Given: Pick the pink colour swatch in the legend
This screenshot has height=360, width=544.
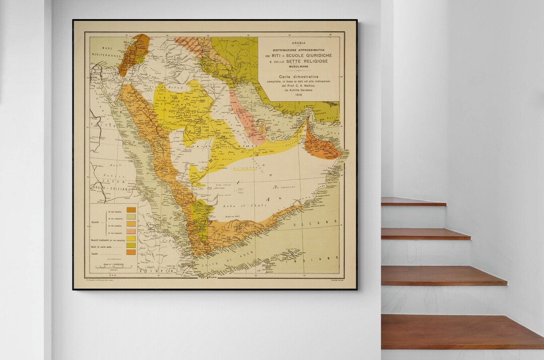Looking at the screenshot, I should click(131, 231).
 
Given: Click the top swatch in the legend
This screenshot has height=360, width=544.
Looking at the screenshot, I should click(131, 209).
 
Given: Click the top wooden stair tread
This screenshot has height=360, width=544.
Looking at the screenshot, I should click(413, 201).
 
